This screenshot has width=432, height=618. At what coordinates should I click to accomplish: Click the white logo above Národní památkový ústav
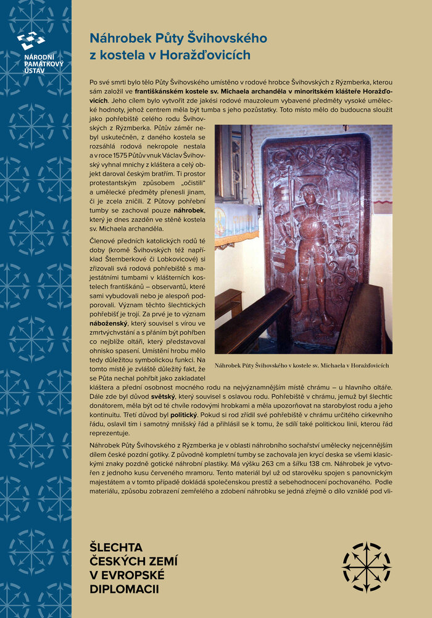[30, 41]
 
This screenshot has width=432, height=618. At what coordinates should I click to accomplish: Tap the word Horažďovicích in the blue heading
[211, 54]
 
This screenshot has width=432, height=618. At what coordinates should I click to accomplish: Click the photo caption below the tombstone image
[302, 365]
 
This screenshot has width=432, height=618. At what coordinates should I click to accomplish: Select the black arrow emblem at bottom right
[367, 567]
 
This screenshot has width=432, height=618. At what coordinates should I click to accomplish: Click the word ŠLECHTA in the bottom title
[117, 547]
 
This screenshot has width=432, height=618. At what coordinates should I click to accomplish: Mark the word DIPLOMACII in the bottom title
[124, 589]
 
